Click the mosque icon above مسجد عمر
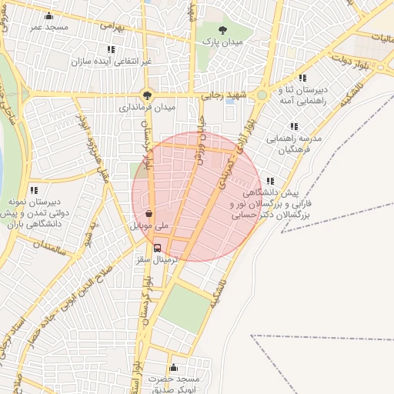pyautogui.click(x=50, y=16)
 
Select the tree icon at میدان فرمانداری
pyautogui.click(x=146, y=96)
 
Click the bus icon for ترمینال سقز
pyautogui.click(x=158, y=248)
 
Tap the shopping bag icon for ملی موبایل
pyautogui.click(x=149, y=215)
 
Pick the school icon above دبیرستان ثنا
pyautogui.click(x=302, y=78)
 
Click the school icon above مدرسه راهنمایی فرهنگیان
pyautogui.click(x=293, y=126)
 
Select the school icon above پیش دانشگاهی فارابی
pyautogui.click(x=269, y=181)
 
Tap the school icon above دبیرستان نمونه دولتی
pyautogui.click(x=33, y=189)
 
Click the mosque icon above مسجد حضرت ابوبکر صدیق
pyautogui.click(x=173, y=368)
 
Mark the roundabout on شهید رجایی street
pyautogui.click(x=262, y=95)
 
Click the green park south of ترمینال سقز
pyautogui.click(x=185, y=308)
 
